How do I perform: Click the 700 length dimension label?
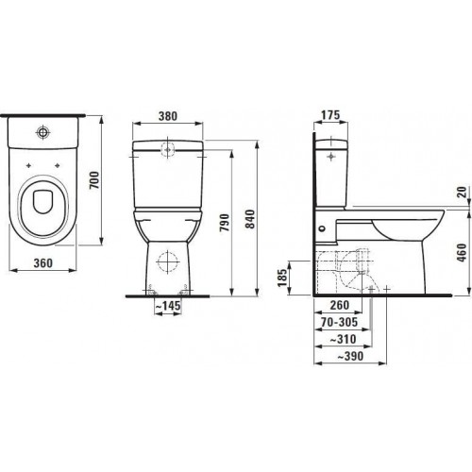pyautogui.click(x=94, y=180)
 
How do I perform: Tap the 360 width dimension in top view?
pyautogui.click(x=43, y=263)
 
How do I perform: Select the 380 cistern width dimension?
pyautogui.click(x=168, y=116)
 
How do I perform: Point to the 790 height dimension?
pyautogui.click(x=225, y=223)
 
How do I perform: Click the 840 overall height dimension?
pyautogui.click(x=251, y=219)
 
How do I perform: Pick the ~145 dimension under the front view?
pyautogui.click(x=168, y=305)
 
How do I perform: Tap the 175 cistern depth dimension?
pyautogui.click(x=330, y=115)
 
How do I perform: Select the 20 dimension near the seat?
pyautogui.click(x=462, y=192)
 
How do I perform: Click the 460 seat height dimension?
pyautogui.click(x=462, y=253)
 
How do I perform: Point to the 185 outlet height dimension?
pyautogui.click(x=283, y=278)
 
